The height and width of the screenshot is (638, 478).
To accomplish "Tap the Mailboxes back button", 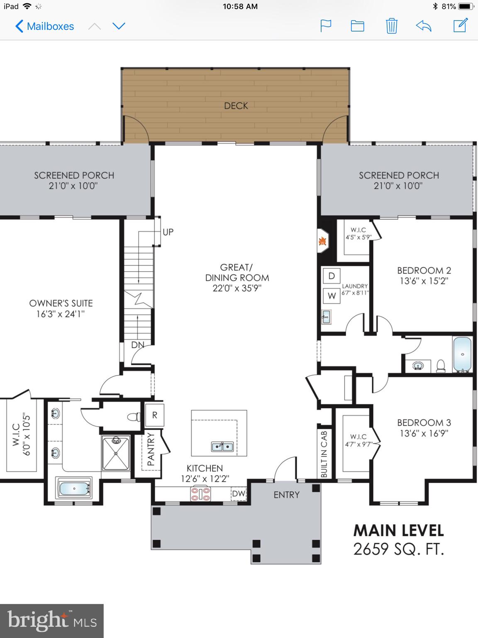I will [x=44, y=26].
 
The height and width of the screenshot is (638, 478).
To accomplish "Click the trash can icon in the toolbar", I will [x=391, y=26].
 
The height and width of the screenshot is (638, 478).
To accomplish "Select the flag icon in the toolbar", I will [x=326, y=26].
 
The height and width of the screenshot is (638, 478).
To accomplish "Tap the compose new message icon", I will [x=460, y=26].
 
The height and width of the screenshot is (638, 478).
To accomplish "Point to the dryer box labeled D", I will [x=332, y=276].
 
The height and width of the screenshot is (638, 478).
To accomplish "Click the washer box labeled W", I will [x=332, y=296].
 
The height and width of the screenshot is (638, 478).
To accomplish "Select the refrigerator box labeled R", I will [x=154, y=415].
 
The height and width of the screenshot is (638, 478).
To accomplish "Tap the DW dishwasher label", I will [x=239, y=493].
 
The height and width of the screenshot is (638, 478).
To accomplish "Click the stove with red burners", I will [x=200, y=493].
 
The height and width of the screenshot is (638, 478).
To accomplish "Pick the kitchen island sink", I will [x=222, y=447].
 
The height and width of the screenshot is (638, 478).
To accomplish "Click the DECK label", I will [x=236, y=106].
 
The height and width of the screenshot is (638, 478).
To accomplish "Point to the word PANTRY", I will [x=151, y=449].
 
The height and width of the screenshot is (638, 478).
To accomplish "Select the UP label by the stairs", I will [x=168, y=232].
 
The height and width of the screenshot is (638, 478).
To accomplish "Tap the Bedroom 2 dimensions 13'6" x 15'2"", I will [x=424, y=281].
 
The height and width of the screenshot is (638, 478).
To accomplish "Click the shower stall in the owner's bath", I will [x=116, y=453].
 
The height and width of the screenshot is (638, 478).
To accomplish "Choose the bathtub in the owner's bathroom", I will [x=74, y=489].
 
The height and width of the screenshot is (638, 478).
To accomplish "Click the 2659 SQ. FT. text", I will [x=398, y=549].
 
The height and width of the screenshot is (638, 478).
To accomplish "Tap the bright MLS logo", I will [x=52, y=621].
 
